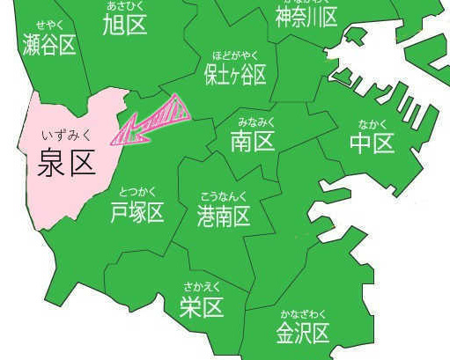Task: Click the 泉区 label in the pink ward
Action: coord(67,162)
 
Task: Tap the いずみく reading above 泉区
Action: coord(66,136)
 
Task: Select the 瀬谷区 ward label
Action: coord(49,45)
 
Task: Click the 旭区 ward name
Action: coord(124,26)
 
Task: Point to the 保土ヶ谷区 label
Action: coord(234,74)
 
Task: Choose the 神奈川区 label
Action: coord(306,17)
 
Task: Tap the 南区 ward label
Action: coord(253,141)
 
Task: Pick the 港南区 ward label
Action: coord(224,214)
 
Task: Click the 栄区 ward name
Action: coord(202,306)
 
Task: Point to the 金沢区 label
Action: coord(302,334)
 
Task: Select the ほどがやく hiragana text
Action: coord(234,54)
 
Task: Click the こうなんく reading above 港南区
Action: coord(224,195)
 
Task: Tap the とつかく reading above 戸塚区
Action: coord(137,193)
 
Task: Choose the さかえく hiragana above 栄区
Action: coord(202,287)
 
